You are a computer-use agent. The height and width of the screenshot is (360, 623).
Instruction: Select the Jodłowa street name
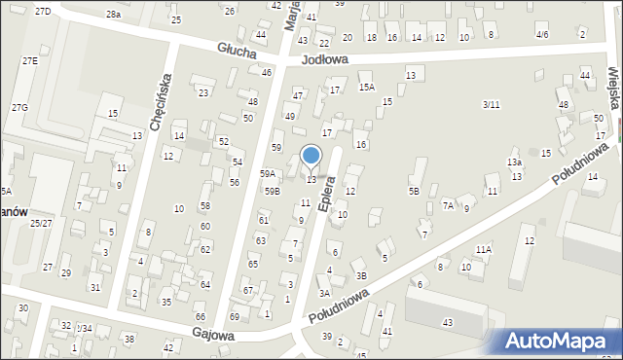tap(324, 59)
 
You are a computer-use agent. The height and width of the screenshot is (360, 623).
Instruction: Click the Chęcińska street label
tap(161, 100)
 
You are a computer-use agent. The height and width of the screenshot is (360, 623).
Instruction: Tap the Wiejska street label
tap(613, 82)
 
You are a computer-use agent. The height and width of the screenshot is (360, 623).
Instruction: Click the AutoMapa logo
tap(560, 342)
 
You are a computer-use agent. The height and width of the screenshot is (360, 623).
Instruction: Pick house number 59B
tap(272, 192)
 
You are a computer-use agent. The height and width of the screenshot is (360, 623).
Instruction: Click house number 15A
tap(366, 87)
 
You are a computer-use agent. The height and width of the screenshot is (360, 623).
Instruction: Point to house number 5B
tap(414, 191)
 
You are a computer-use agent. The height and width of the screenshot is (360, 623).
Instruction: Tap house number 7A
tap(449, 205)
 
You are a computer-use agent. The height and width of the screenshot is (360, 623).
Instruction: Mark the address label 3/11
tap(492, 104)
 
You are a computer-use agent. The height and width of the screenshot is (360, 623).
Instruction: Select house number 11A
tap(484, 250)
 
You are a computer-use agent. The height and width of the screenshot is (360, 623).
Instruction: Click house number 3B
tap(361, 275)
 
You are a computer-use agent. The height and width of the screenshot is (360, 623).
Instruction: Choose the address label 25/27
tap(41, 223)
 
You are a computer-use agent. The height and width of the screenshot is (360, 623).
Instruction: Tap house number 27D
tap(42, 11)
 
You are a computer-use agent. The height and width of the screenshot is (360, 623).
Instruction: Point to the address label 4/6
tap(542, 34)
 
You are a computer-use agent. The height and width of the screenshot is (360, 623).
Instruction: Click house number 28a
tap(114, 15)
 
